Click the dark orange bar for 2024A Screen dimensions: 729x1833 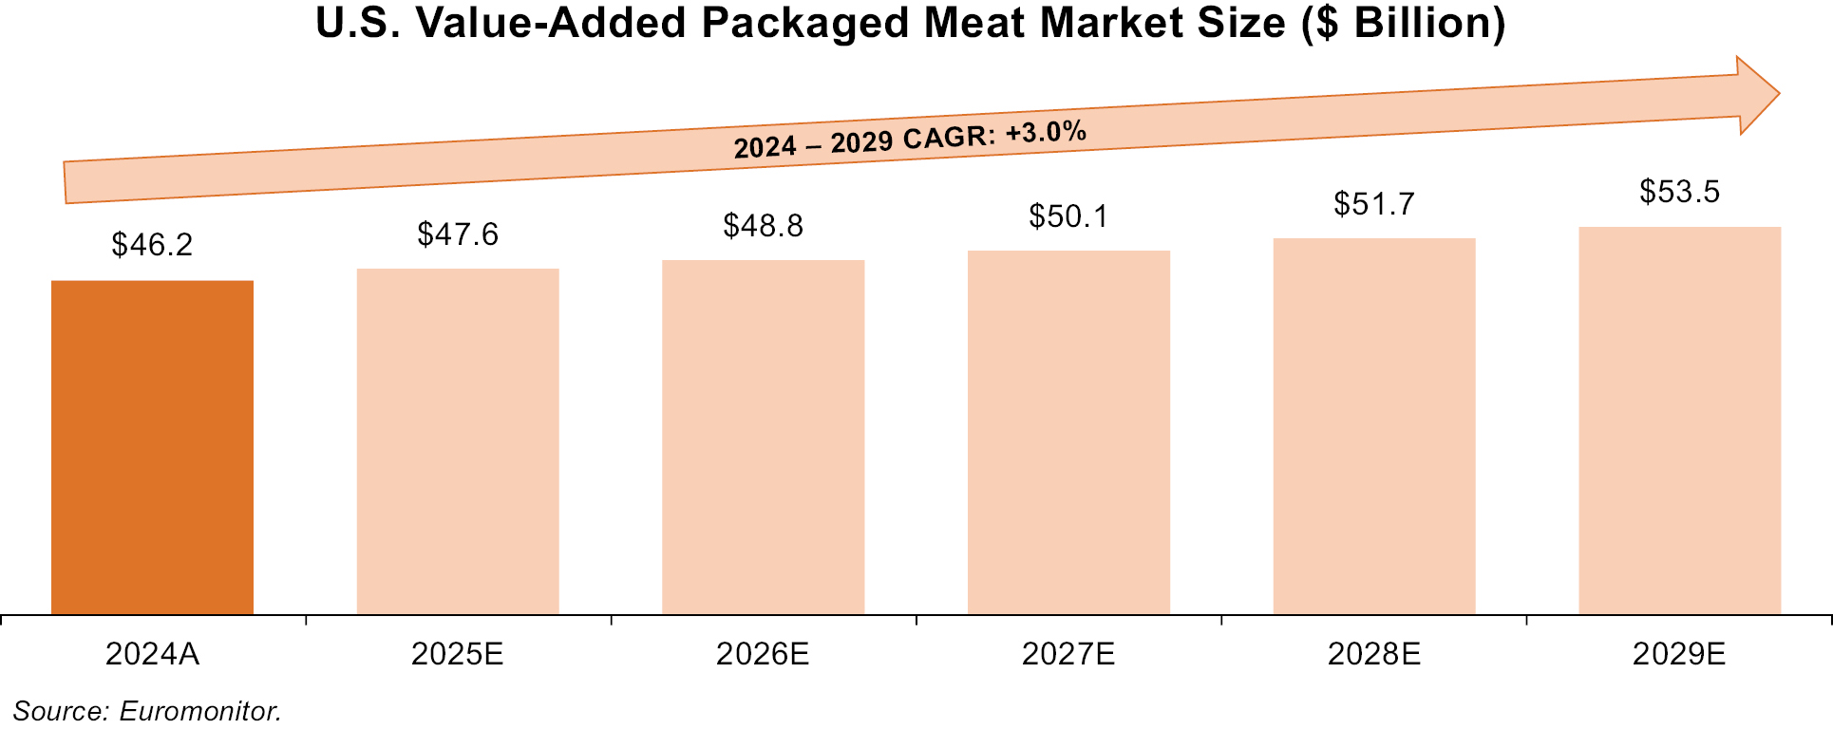152,447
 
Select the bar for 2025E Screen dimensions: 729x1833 458,441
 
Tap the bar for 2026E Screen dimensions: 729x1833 763,437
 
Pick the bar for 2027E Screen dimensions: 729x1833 1068,432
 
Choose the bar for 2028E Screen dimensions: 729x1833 1373,426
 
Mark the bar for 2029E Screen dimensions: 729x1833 1679,421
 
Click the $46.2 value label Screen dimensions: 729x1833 152,245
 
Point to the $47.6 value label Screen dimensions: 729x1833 458,234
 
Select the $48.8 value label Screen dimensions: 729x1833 763,226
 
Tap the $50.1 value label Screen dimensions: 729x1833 1068,216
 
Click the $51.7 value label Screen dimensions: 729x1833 1373,204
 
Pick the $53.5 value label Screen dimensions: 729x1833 1679,192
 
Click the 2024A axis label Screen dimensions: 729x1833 152,654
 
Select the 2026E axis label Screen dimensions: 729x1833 763,654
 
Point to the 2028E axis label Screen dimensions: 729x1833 1373,654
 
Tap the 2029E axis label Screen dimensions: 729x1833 1679,654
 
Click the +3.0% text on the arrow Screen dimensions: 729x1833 1046,132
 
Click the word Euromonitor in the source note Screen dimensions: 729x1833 199,711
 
